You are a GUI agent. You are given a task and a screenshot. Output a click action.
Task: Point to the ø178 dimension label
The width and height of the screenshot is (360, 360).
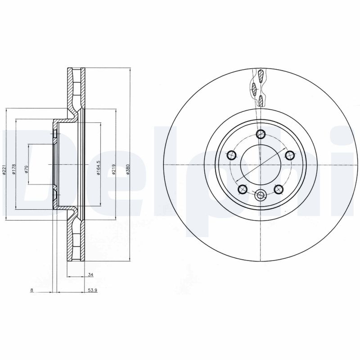14,169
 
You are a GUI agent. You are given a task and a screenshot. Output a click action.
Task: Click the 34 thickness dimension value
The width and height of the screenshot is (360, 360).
90,274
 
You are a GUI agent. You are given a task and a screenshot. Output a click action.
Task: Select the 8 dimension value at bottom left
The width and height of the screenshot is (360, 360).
31,291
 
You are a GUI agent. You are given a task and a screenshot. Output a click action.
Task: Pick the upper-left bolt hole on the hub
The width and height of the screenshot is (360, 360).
232,155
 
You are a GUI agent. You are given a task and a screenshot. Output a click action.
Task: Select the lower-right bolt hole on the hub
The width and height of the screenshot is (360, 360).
278,189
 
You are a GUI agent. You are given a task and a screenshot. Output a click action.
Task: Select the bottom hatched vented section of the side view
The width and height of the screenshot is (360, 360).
76,241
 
